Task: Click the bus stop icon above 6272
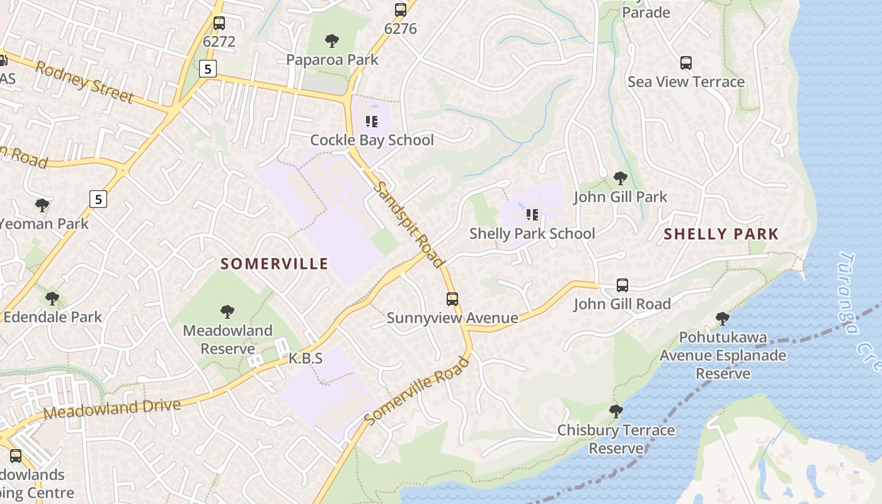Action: click(219, 23)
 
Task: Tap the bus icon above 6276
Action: click(401, 10)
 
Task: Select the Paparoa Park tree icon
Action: click(332, 42)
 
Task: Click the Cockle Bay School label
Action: click(372, 140)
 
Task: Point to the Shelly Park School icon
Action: click(532, 215)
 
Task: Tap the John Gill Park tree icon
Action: click(621, 178)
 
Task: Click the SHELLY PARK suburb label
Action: click(721, 234)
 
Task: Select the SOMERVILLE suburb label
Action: click(274, 263)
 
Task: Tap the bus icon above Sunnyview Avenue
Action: click(452, 299)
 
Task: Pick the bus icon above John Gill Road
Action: click(622, 285)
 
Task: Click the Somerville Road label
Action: click(418, 391)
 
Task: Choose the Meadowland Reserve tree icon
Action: click(227, 311)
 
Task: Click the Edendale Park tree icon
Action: click(52, 298)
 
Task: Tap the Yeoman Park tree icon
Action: click(42, 205)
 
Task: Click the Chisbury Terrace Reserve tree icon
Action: click(616, 411)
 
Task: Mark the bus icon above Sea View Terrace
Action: click(686, 63)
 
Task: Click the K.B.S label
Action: click(306, 358)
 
